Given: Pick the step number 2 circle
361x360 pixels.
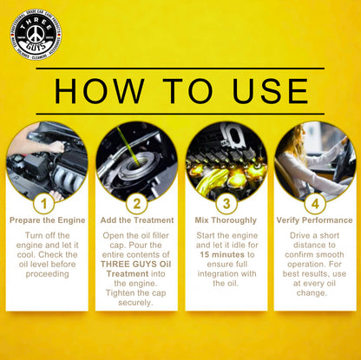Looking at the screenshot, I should click(136, 204).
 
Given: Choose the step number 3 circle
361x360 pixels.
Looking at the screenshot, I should click(225, 204).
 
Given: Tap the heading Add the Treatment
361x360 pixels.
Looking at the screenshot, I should click(136, 220).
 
